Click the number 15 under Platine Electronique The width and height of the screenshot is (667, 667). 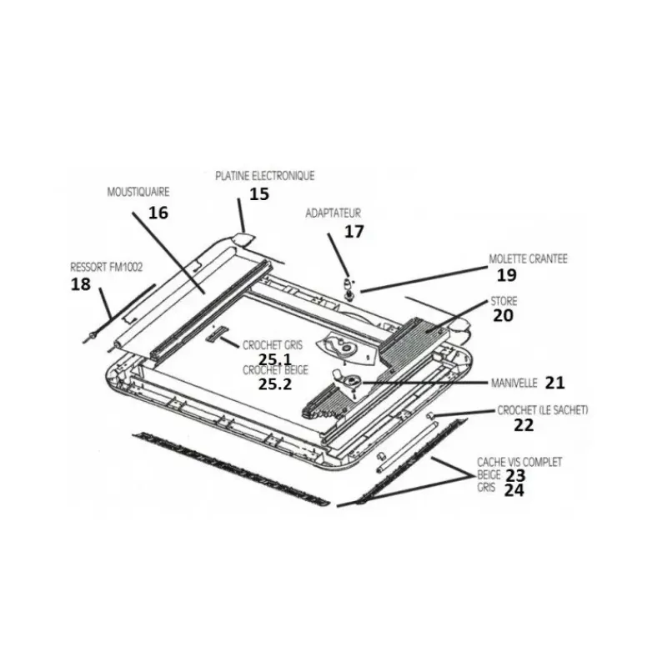[x=259, y=194]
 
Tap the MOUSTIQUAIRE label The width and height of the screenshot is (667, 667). [x=138, y=192]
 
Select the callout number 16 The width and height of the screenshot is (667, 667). [x=158, y=213]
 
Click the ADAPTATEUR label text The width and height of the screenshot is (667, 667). [x=333, y=213]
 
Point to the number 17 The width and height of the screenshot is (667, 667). [x=354, y=232]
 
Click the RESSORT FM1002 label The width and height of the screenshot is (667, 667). [x=107, y=267]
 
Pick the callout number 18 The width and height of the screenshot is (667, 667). [x=80, y=284]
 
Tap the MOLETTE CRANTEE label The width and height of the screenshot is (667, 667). [x=528, y=258]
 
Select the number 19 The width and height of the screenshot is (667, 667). [x=507, y=275]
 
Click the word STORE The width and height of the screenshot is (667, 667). [x=504, y=301]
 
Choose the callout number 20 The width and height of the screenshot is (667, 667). [x=504, y=316]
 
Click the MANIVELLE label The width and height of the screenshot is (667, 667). [x=514, y=384]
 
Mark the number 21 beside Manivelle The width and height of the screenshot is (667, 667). [x=554, y=383]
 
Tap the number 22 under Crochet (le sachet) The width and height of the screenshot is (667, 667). [x=524, y=425]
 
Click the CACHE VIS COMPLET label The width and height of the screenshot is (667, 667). [x=519, y=462]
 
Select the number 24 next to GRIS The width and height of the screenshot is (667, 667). [x=514, y=490]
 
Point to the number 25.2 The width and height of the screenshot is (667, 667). [x=275, y=384]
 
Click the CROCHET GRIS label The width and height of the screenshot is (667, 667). [x=273, y=345]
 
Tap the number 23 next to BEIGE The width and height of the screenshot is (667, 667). [x=515, y=475]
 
